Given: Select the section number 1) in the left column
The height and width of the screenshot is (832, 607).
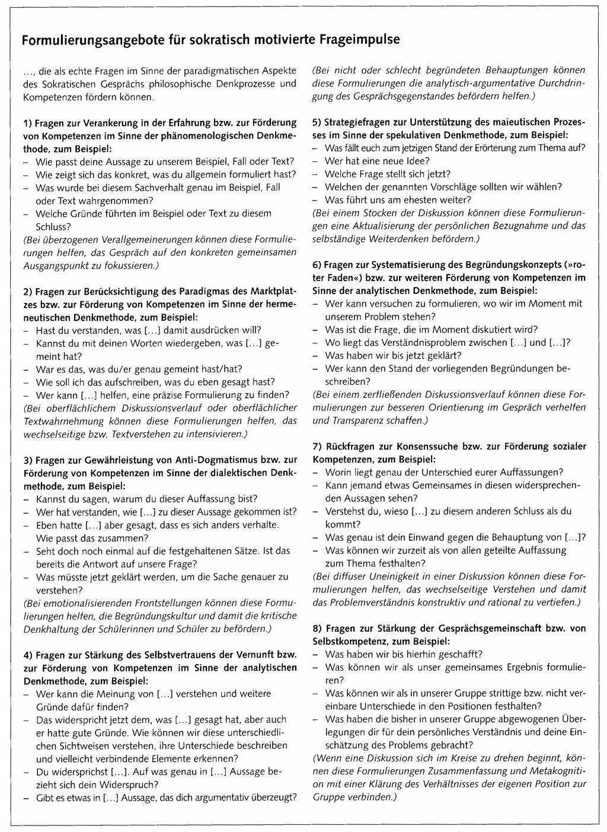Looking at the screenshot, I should click(27, 123).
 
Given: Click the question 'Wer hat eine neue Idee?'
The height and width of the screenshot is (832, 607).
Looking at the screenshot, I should click(378, 161).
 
